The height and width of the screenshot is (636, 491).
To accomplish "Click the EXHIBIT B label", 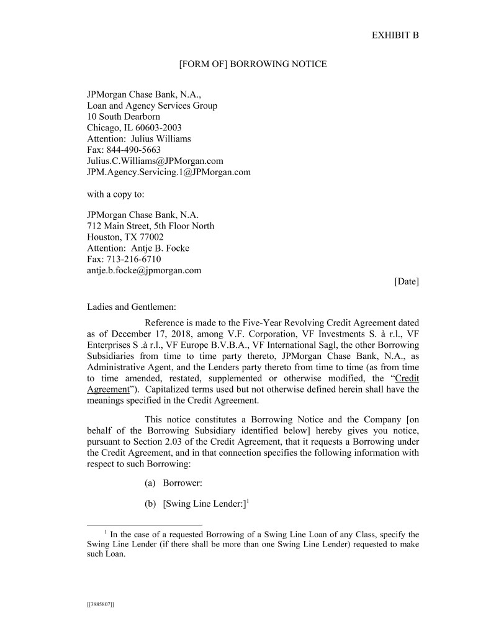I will pyautogui.click(x=395, y=35).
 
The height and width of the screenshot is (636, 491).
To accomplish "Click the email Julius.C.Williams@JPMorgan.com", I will pyautogui.click(x=155, y=161).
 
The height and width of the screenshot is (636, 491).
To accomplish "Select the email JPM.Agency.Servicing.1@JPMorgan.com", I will pyautogui.click(x=168, y=172).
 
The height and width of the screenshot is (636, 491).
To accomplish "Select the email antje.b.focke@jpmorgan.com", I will pyautogui.click(x=144, y=271).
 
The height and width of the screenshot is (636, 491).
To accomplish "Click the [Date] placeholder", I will pyautogui.click(x=407, y=281).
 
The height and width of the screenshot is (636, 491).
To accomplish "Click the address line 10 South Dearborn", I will pyautogui.click(x=124, y=116).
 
